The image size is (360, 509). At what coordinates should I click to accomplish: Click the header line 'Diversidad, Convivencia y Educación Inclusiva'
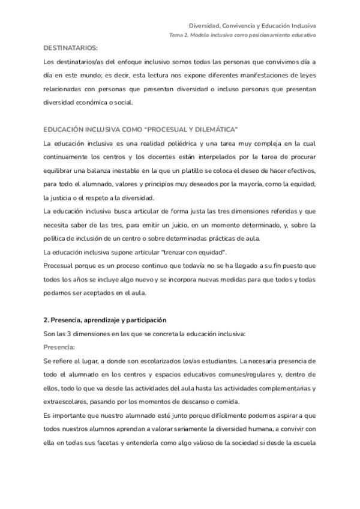click(253, 26)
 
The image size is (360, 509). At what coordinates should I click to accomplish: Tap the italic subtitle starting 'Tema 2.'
click(242, 35)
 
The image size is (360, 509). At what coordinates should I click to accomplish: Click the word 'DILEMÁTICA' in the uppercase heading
click(214, 130)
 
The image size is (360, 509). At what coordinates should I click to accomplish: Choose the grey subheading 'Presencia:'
click(60, 346)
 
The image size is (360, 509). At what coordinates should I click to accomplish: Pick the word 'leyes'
click(305, 75)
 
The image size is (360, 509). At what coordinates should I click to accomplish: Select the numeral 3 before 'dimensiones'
click(70, 333)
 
